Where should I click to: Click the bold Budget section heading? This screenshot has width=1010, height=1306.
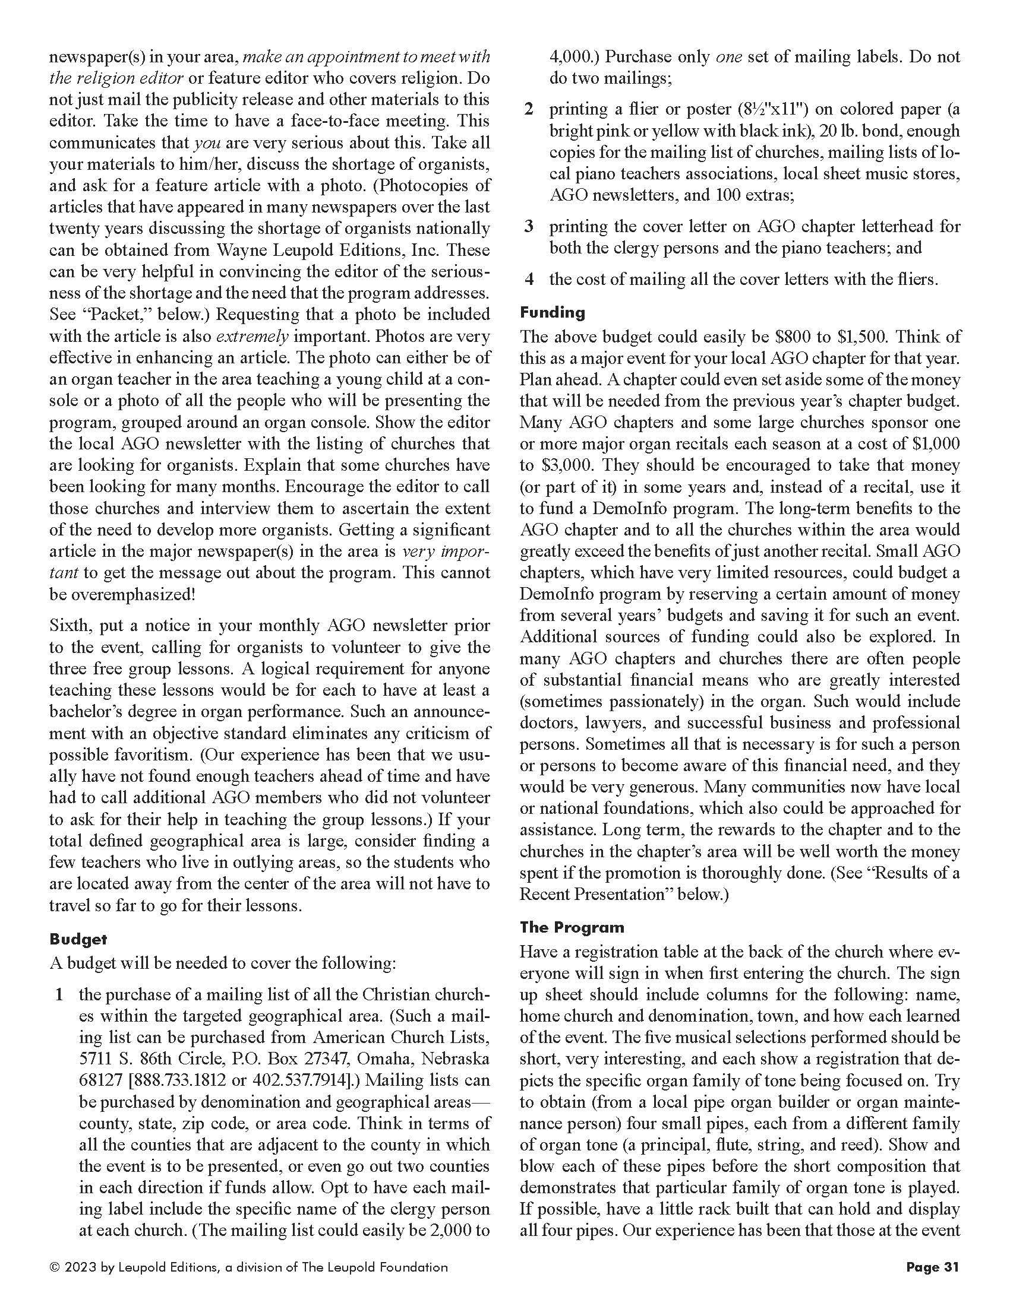point(78,939)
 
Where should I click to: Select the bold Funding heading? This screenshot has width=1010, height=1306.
point(553,312)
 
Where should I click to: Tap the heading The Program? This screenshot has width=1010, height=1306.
point(572,927)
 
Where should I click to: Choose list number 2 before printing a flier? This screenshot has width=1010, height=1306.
point(528,109)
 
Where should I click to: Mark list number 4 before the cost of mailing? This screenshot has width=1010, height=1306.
point(528,279)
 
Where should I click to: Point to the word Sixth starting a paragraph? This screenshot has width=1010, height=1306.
point(71,626)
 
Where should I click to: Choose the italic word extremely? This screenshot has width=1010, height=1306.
point(252,337)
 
